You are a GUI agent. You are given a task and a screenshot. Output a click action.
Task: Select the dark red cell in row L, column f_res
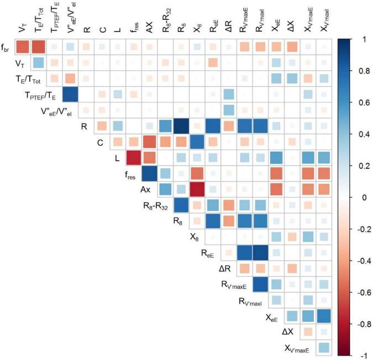(134, 158)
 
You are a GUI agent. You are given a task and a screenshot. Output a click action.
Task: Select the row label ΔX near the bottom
(287, 332)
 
